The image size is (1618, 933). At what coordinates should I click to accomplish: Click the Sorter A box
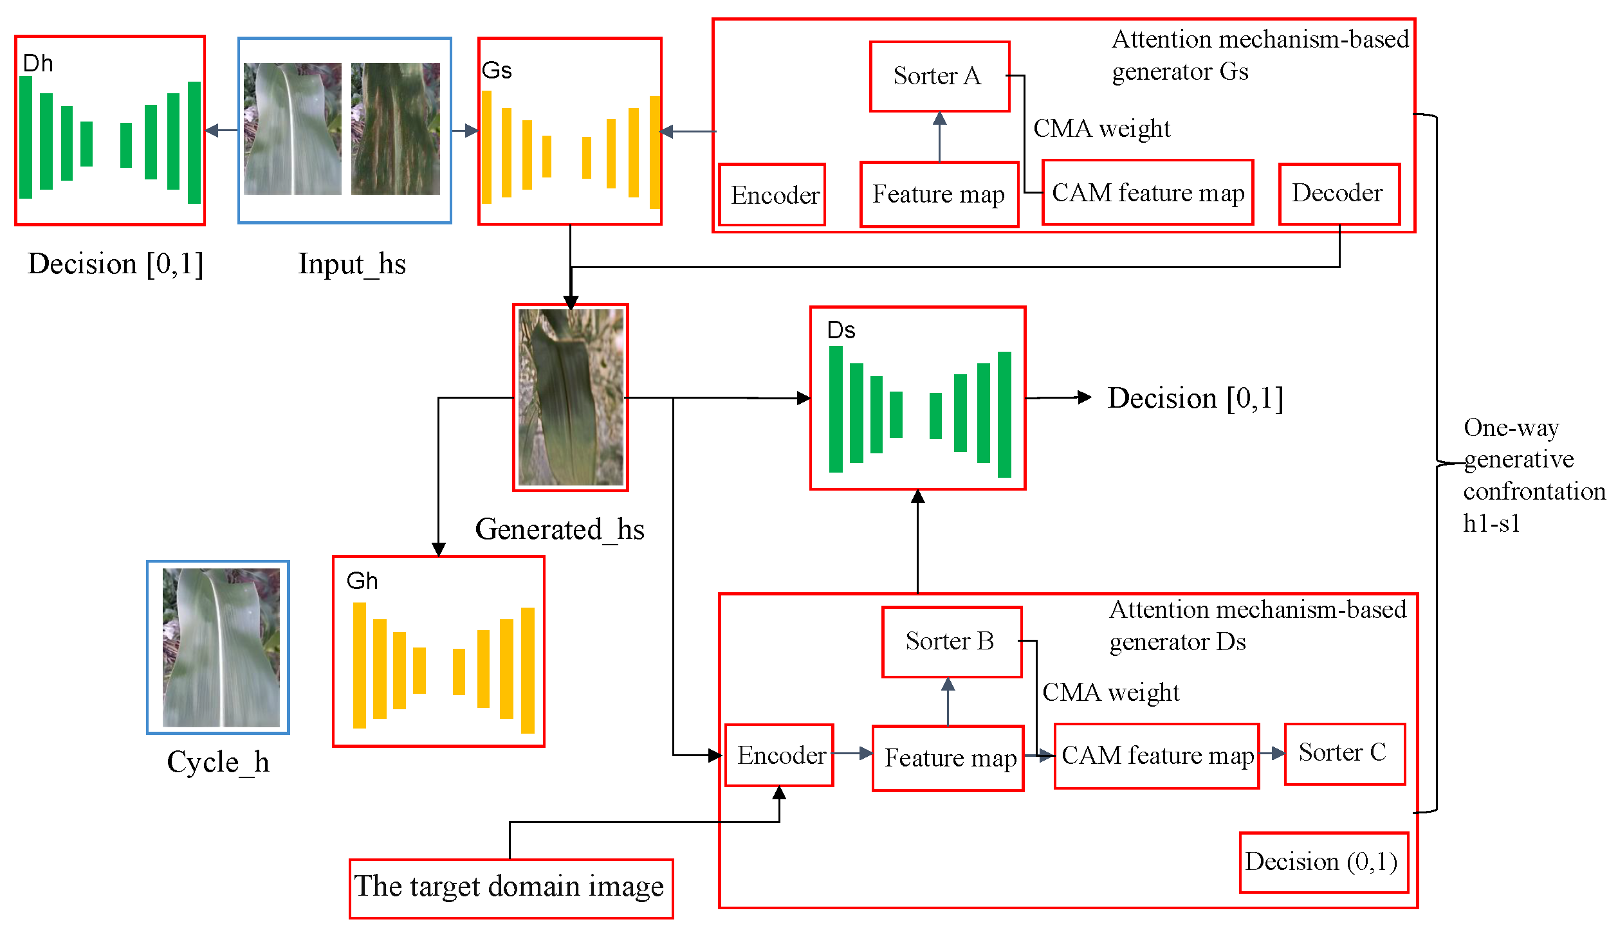click(x=939, y=77)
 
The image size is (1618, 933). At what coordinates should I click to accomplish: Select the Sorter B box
click(x=951, y=641)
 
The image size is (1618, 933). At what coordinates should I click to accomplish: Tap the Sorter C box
click(x=1344, y=753)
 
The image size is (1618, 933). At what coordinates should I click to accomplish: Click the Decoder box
click(x=1338, y=194)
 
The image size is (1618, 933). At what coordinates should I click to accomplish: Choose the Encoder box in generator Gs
click(x=772, y=195)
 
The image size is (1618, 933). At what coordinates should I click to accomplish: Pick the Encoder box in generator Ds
click(x=779, y=755)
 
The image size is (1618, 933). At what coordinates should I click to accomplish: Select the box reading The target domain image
click(x=510, y=887)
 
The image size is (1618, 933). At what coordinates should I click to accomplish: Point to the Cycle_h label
click(x=217, y=763)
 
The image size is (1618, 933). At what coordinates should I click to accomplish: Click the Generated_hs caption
click(x=559, y=530)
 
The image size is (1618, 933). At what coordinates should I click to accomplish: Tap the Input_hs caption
click(x=351, y=264)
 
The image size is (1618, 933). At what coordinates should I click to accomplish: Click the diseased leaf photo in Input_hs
click(x=395, y=129)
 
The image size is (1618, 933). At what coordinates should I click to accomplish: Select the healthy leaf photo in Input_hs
click(x=292, y=129)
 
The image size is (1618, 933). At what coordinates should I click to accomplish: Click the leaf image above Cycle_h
click(x=221, y=647)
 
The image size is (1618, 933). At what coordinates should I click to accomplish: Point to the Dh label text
click(x=37, y=64)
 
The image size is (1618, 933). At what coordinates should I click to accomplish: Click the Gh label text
click(x=362, y=581)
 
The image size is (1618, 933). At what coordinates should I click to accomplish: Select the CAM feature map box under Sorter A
click(x=1147, y=193)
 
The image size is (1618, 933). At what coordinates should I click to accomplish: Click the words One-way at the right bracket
click(x=1511, y=428)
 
